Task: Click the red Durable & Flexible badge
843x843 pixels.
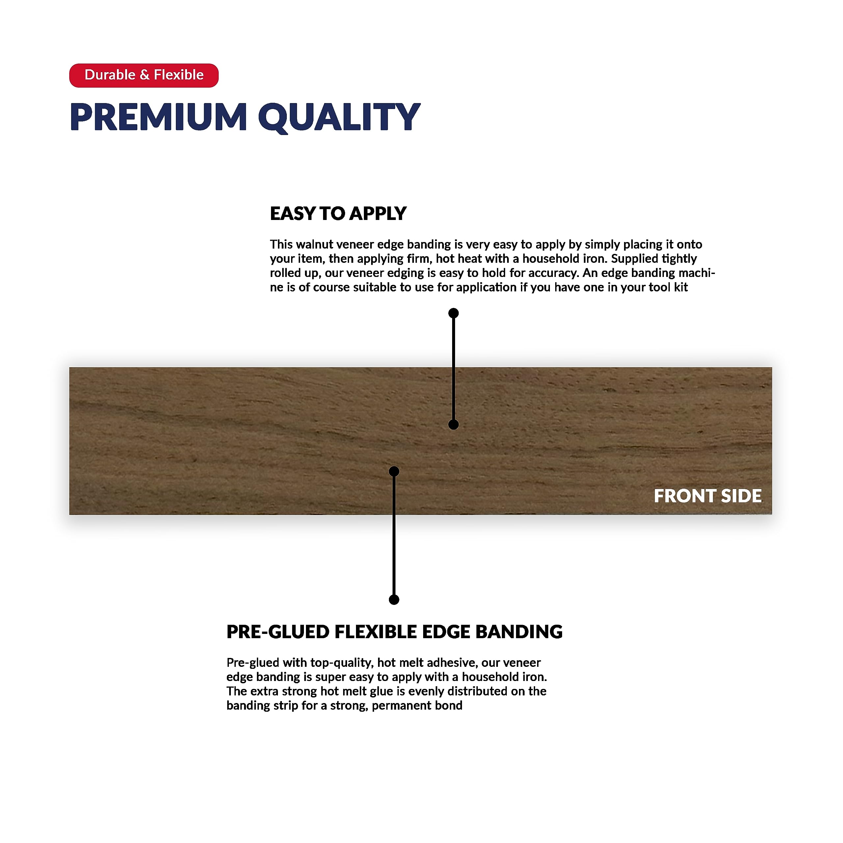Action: pos(144,75)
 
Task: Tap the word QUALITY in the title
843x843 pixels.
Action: pos(339,117)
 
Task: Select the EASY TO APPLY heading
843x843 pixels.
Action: pos(338,214)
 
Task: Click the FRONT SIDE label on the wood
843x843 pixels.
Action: pos(707,496)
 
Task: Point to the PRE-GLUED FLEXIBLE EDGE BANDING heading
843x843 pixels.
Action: pos(394,632)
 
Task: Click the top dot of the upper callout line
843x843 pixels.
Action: pos(453,313)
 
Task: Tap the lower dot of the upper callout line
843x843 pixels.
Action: pos(453,424)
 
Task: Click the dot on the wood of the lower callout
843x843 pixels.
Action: pos(394,471)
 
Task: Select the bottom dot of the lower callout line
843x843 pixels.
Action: pos(394,600)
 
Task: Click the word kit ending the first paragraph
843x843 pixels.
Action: pos(680,287)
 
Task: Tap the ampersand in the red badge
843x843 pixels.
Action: pos(145,75)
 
